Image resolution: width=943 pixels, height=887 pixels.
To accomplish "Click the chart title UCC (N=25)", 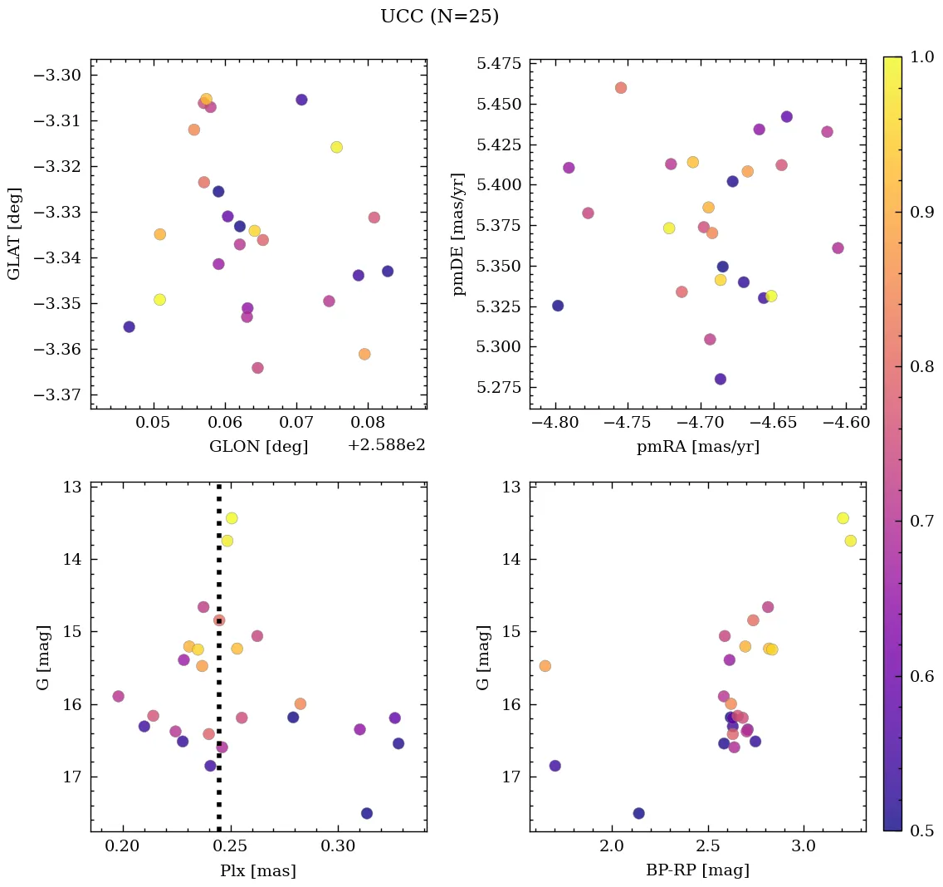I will pyautogui.click(x=439, y=17).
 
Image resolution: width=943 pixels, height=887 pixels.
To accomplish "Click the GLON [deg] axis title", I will pyautogui.click(x=258, y=447).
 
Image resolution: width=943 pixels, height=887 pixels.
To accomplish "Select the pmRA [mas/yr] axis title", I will pyautogui.click(x=697, y=447).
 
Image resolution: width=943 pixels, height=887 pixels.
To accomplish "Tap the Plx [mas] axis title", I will pyautogui.click(x=258, y=870).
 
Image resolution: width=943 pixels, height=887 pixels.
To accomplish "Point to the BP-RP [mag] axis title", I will pyautogui.click(x=697, y=870).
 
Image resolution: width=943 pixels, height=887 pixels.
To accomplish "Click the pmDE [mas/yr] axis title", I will pyautogui.click(x=458, y=234).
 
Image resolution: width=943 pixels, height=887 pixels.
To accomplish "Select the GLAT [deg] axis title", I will pyautogui.click(x=14, y=234).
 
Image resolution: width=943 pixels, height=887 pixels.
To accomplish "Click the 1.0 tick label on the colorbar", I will pyautogui.click(x=921, y=57).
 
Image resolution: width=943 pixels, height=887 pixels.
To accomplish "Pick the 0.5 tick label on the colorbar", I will pyautogui.click(x=921, y=831).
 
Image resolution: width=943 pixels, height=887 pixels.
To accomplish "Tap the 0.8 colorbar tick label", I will pyautogui.click(x=921, y=367).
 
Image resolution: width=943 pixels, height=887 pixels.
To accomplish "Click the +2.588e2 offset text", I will pyautogui.click(x=386, y=445).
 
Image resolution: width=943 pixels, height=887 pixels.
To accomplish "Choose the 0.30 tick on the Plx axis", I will pyautogui.click(x=338, y=847).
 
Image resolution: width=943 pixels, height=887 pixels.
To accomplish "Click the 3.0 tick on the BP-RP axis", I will pyautogui.click(x=804, y=847).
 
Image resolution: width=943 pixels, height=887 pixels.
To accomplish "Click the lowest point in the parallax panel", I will pyautogui.click(x=367, y=813).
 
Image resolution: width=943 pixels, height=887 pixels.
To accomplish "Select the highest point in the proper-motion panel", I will pyautogui.click(x=621, y=88).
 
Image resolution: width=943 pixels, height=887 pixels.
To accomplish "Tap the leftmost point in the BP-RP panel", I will pyautogui.click(x=545, y=666).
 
